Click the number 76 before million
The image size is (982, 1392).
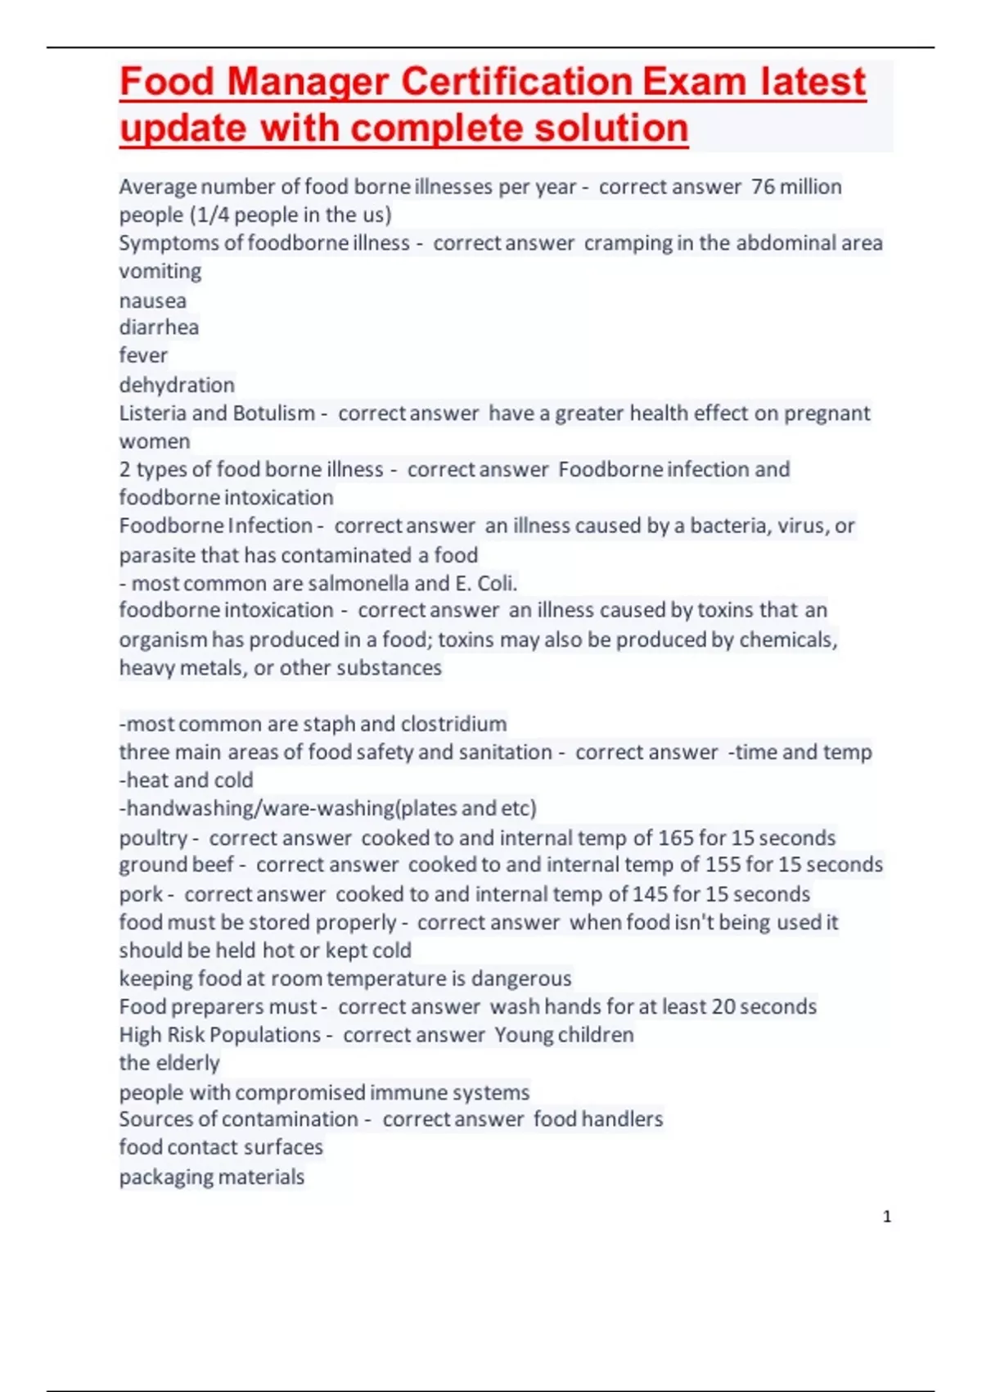pos(763,187)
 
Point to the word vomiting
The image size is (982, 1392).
pos(160,271)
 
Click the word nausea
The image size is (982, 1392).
pos(153,301)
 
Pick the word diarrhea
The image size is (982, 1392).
pos(159,328)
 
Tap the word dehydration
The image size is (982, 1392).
pos(177,385)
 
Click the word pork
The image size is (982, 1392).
pos(141,894)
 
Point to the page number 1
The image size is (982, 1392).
pos(887,1217)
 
